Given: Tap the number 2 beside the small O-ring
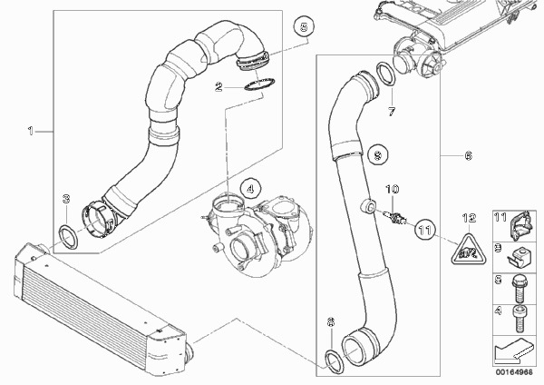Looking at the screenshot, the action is [x=219, y=87].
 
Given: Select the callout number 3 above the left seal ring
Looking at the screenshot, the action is [x=64, y=199].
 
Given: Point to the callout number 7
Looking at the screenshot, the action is [x=391, y=112].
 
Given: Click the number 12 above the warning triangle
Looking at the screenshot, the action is [x=469, y=218].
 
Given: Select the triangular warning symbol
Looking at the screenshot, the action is [x=469, y=245].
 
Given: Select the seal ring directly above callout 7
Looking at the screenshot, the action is [x=384, y=74].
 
